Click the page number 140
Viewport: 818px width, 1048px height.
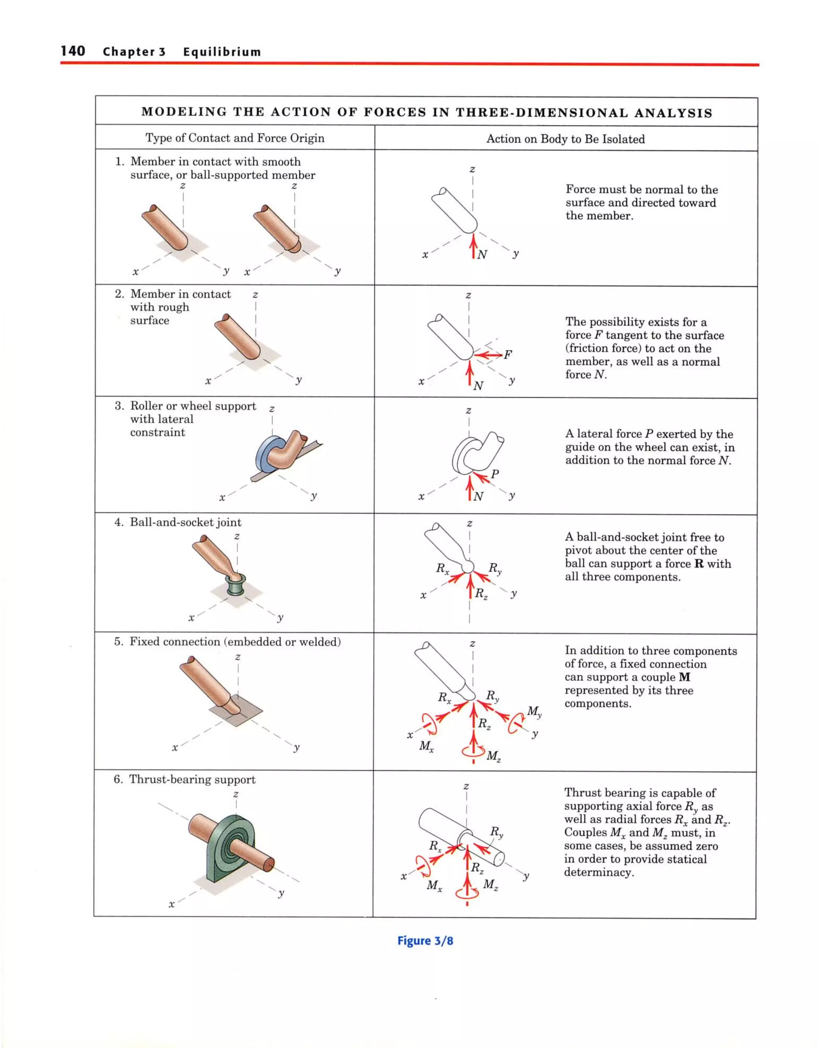[x=73, y=51]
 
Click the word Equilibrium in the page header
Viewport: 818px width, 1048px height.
[x=222, y=52]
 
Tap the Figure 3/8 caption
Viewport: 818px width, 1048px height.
[x=425, y=940]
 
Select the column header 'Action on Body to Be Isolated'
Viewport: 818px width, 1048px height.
[x=565, y=139]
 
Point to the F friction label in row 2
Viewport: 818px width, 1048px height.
[x=508, y=355]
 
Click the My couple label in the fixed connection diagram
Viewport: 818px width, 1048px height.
[x=534, y=711]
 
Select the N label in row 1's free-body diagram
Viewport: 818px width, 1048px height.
[x=482, y=255]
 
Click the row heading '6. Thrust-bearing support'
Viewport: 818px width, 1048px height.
[x=184, y=779]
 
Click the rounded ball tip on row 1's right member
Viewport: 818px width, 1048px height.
[x=295, y=246]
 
